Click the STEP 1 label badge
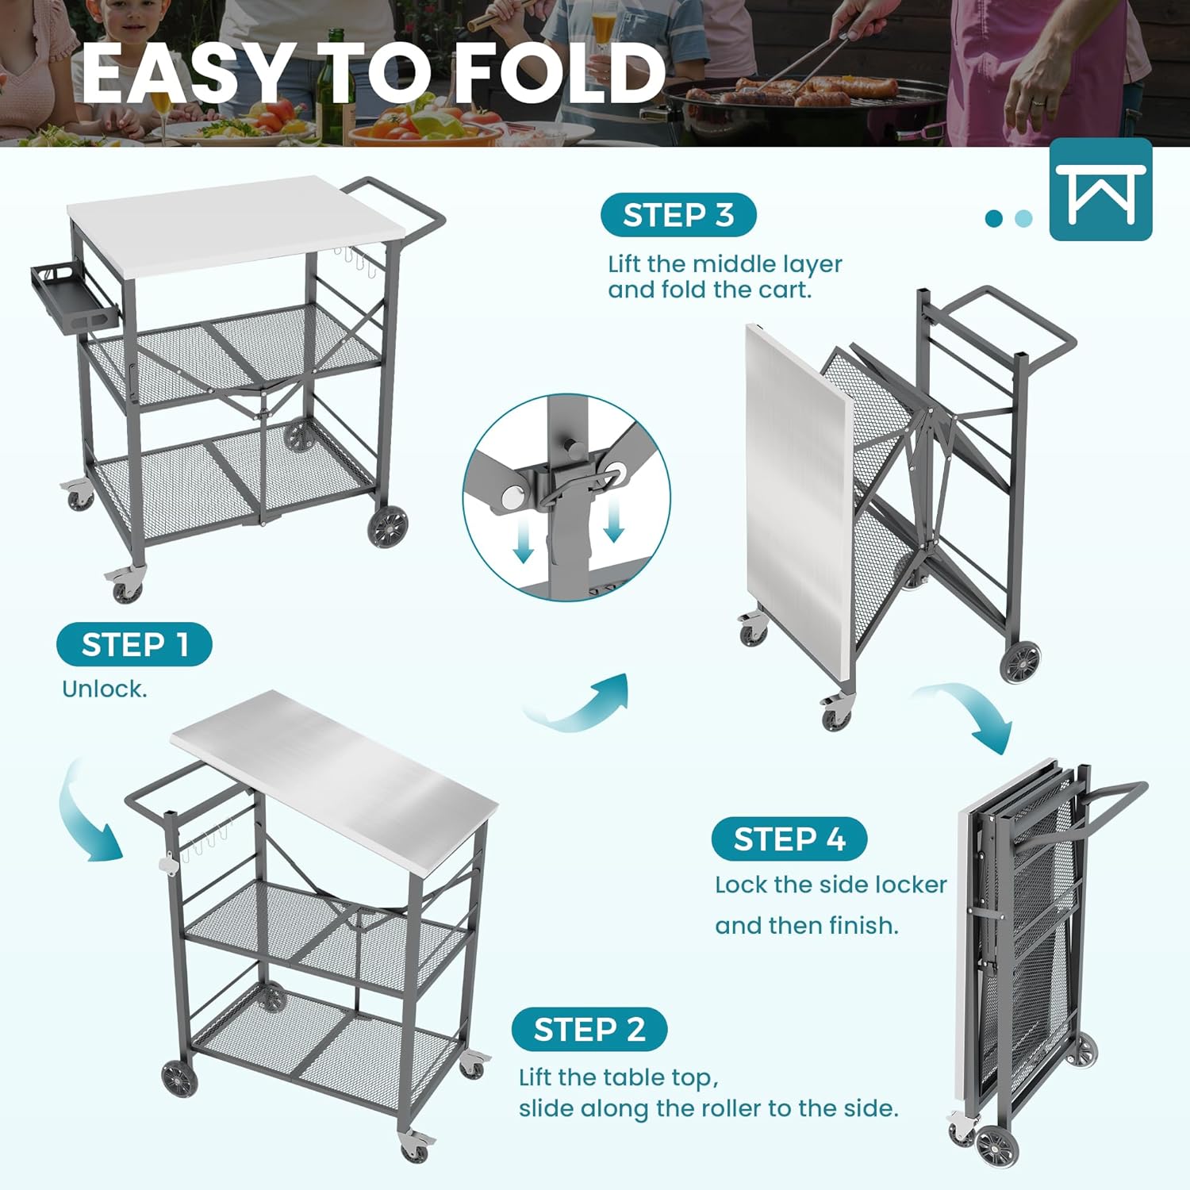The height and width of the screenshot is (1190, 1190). (x=134, y=644)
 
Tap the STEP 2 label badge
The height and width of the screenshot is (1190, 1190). (x=589, y=1030)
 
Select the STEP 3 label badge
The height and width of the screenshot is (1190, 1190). (x=678, y=215)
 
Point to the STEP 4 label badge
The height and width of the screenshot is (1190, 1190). (x=789, y=839)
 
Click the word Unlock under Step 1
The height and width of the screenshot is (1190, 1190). (x=104, y=689)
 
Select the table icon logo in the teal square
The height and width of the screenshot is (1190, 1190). (x=1100, y=190)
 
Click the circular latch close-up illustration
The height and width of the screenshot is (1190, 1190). (x=566, y=497)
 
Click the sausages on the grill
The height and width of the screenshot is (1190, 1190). (x=793, y=91)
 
